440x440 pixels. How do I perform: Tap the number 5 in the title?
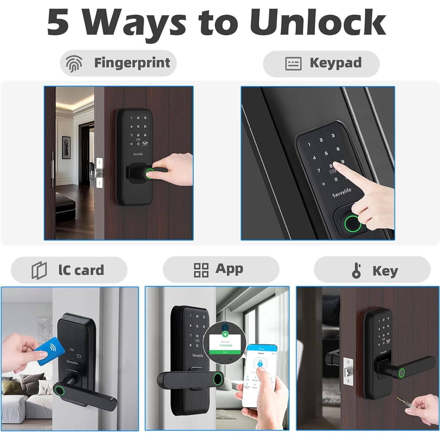click(58, 23)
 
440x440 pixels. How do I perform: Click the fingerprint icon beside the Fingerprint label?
click(73, 63)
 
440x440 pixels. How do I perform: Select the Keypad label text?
click(335, 63)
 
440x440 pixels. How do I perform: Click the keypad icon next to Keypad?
click(293, 63)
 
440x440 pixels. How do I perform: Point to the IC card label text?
click(81, 270)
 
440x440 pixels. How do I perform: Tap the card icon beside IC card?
click(39, 270)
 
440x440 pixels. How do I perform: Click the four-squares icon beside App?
click(201, 270)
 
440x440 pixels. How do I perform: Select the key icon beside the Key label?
click(356, 270)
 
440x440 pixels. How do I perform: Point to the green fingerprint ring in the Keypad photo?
click(352, 224)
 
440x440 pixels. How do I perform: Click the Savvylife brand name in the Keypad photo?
click(342, 193)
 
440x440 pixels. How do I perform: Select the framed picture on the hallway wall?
click(66, 147)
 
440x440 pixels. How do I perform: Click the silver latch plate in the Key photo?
click(348, 372)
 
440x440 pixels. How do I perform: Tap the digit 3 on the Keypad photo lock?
click(333, 135)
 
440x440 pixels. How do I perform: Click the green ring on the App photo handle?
click(218, 378)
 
